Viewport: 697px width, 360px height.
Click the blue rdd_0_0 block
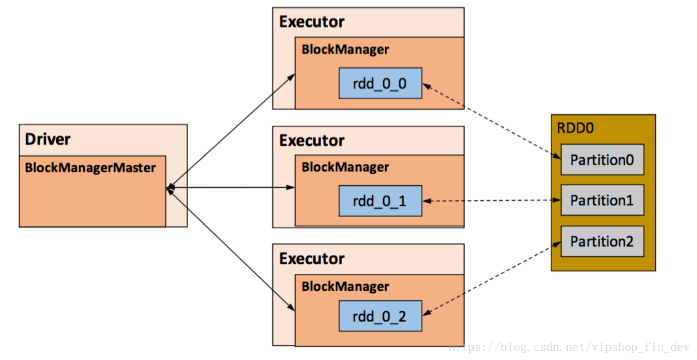point(380,83)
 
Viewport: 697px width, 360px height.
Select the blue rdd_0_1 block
point(380,202)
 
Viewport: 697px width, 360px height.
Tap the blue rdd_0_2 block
point(380,317)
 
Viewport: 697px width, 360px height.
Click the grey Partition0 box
point(602,160)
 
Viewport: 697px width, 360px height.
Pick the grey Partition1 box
point(602,200)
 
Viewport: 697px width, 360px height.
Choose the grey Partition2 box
point(602,241)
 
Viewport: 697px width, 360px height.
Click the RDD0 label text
point(575,128)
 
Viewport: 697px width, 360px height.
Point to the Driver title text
point(48,139)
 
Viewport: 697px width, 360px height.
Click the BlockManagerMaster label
point(91,168)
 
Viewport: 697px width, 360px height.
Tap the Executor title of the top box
point(312,22)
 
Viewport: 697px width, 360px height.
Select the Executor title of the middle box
point(312,140)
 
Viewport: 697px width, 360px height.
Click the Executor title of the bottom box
point(312,258)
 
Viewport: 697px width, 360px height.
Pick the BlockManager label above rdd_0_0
point(345,50)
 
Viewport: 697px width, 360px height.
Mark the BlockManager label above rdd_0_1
point(345,168)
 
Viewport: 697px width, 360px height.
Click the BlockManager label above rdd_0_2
point(345,286)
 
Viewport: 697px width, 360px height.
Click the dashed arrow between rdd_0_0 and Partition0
point(491,121)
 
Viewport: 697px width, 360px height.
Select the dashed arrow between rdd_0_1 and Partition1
point(491,201)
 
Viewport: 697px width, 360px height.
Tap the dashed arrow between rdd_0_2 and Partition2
point(491,278)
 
